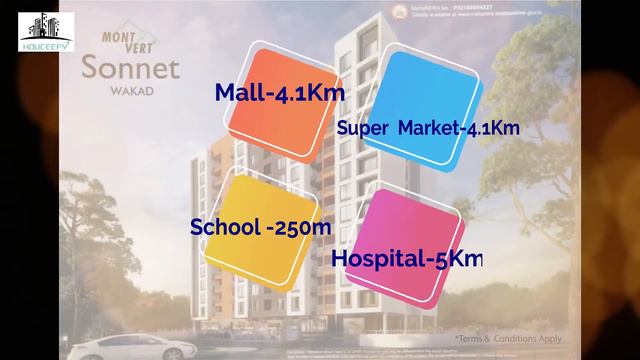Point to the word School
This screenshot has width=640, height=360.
tap(224, 227)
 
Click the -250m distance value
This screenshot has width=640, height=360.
tap(297, 227)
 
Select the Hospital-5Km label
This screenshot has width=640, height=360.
tap(407, 258)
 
